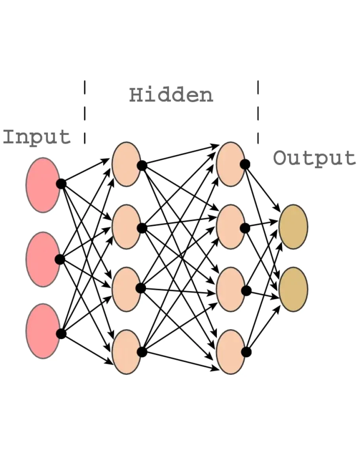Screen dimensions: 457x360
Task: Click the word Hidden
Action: click(171, 95)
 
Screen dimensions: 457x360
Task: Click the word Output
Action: click(315, 158)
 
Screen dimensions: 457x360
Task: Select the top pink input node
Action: click(43, 185)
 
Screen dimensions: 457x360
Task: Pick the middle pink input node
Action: click(43, 259)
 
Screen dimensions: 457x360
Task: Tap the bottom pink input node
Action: click(43, 331)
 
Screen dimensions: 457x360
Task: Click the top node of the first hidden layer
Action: click(126, 164)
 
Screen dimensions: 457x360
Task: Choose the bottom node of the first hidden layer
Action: click(126, 352)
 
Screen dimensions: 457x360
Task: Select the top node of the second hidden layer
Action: click(230, 164)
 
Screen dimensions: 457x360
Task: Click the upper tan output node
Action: click(293, 227)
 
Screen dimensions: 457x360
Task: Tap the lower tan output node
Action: click(293, 289)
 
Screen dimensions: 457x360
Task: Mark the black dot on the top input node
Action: click(61, 184)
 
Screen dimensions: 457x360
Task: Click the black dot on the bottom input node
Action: click(61, 334)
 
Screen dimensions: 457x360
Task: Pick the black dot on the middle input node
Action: click(60, 260)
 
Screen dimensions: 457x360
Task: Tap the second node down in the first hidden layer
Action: click(126, 227)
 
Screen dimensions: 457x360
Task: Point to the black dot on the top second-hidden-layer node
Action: click(245, 164)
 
